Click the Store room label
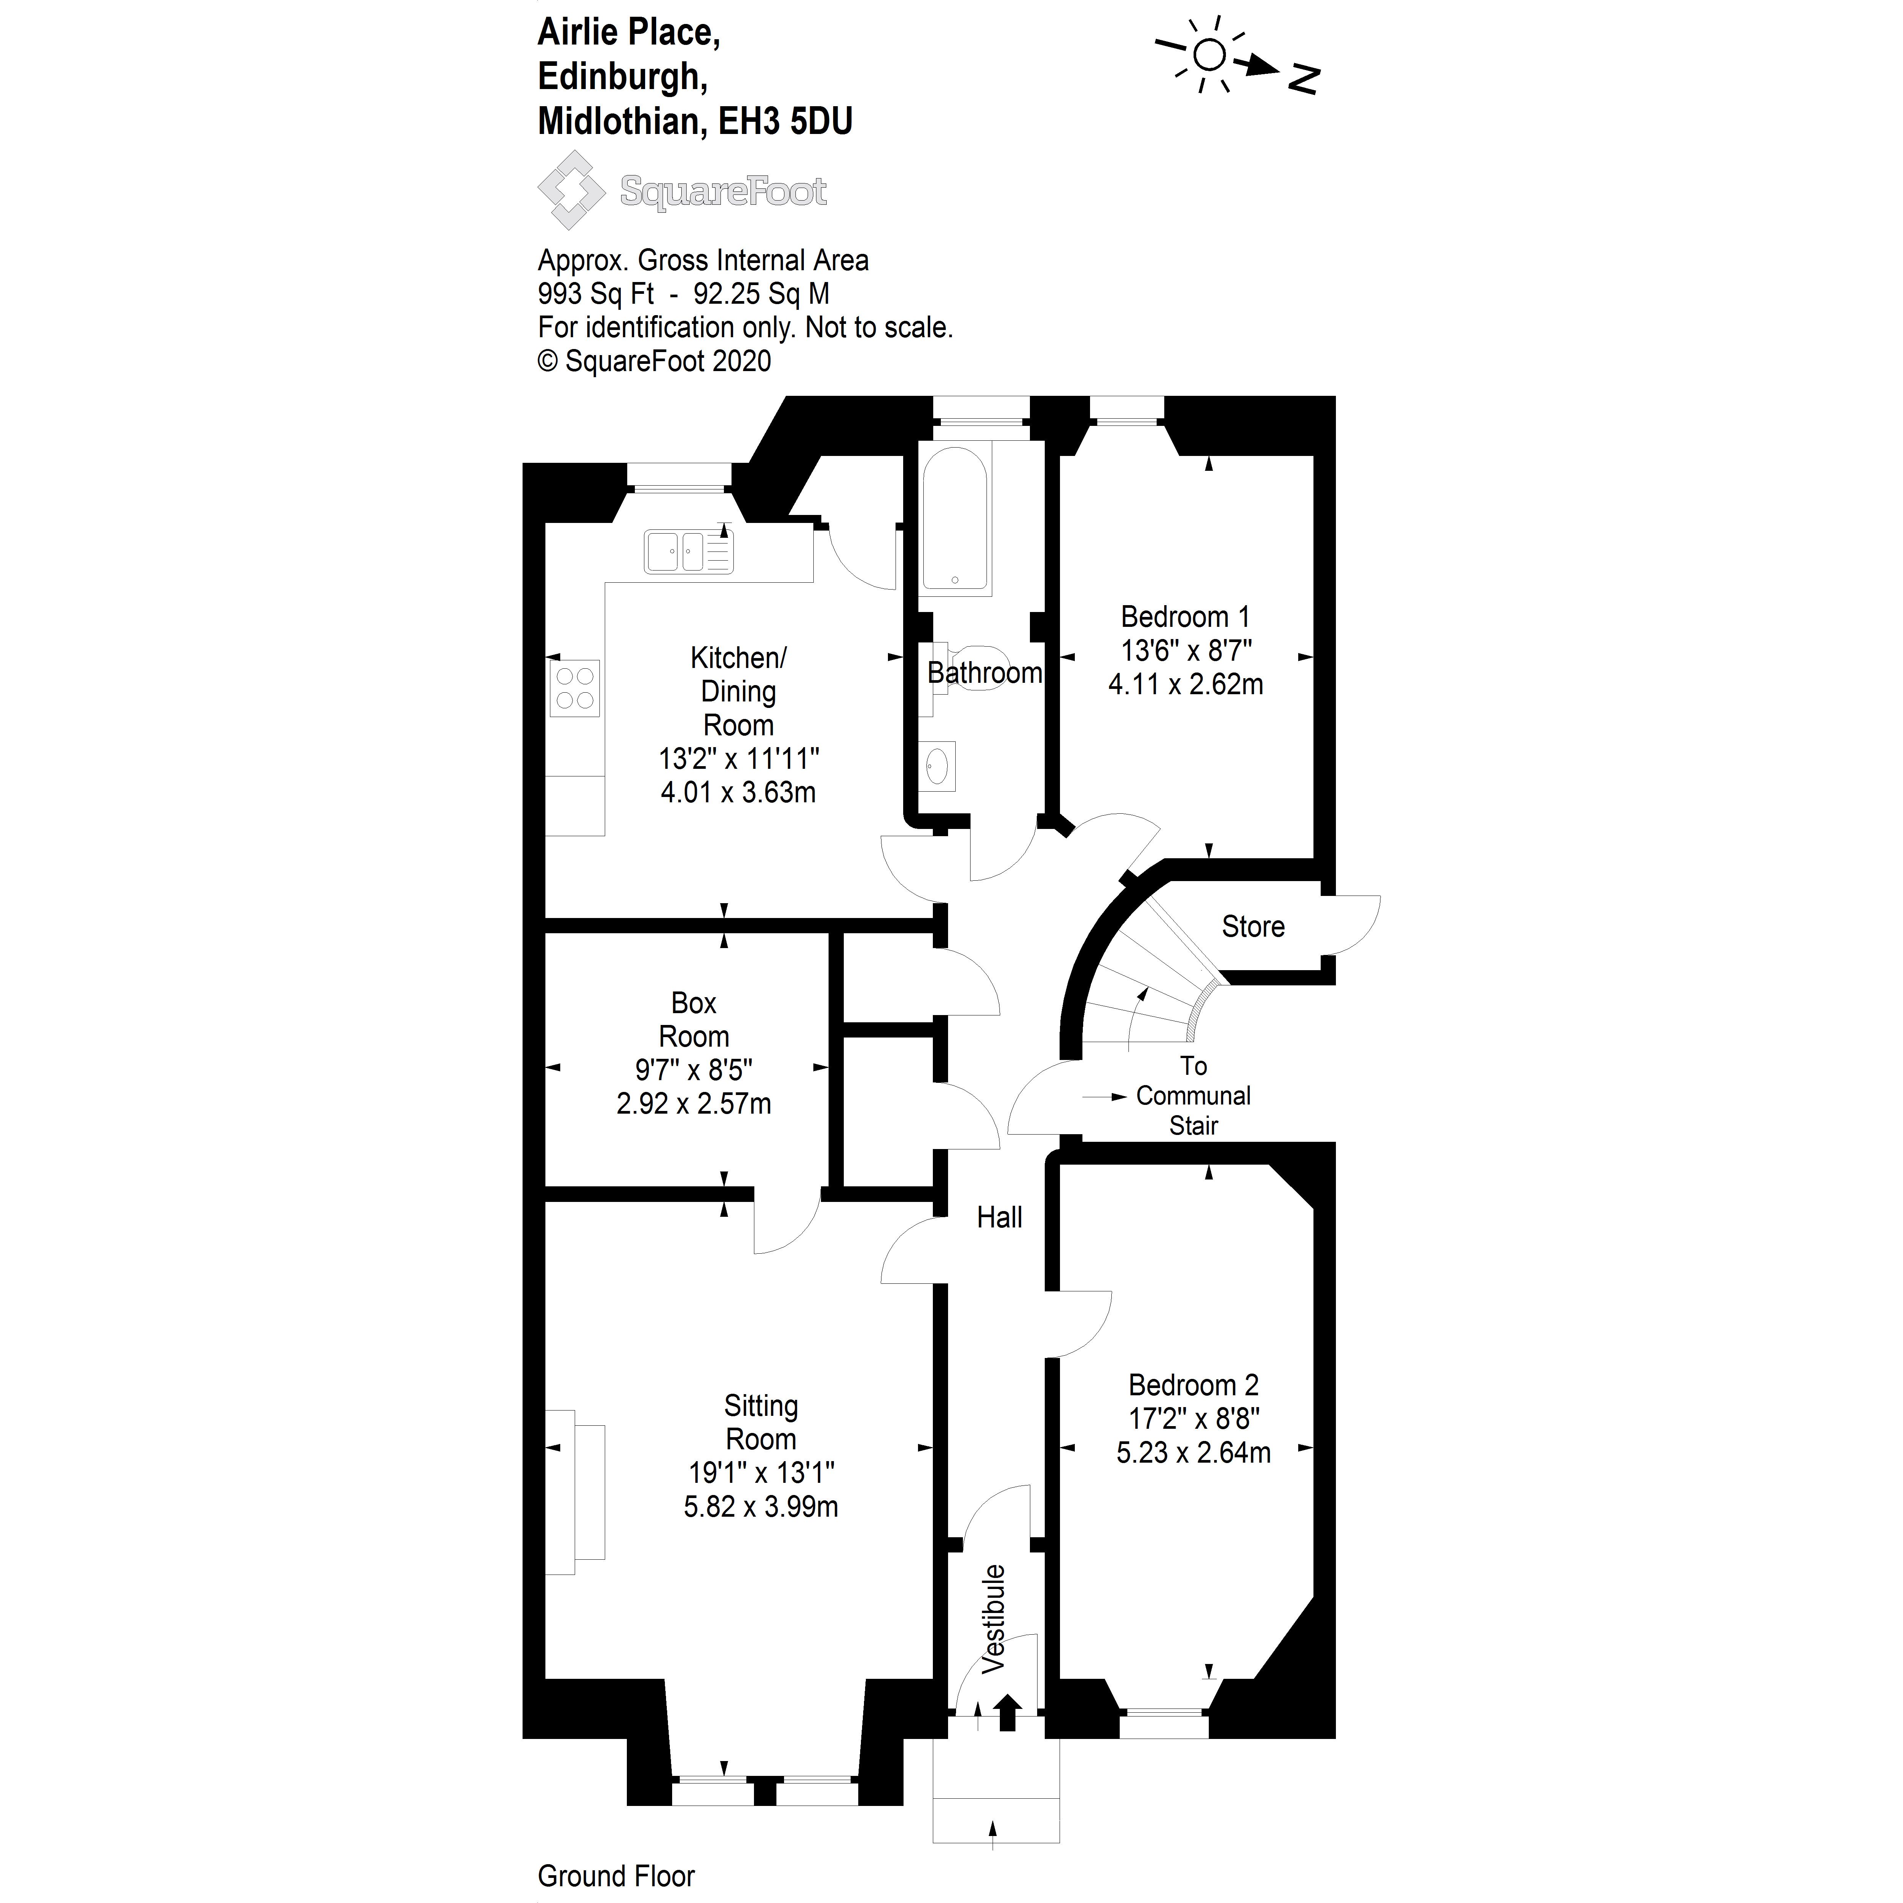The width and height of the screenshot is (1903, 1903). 1253,927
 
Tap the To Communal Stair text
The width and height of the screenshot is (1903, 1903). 1193,1095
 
